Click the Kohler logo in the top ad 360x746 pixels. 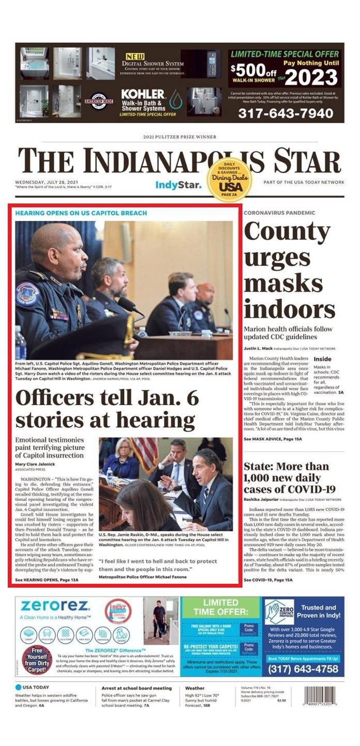[143, 94]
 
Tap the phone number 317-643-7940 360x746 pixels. [286, 112]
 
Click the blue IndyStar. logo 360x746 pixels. [178, 185]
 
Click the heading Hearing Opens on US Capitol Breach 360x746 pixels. [81, 213]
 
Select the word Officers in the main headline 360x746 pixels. [62, 398]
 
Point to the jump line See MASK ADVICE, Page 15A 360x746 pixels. [273, 439]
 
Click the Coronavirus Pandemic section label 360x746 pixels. [280, 213]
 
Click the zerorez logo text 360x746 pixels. [48, 605]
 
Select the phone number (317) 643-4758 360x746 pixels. [303, 669]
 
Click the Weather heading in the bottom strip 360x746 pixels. [195, 689]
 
